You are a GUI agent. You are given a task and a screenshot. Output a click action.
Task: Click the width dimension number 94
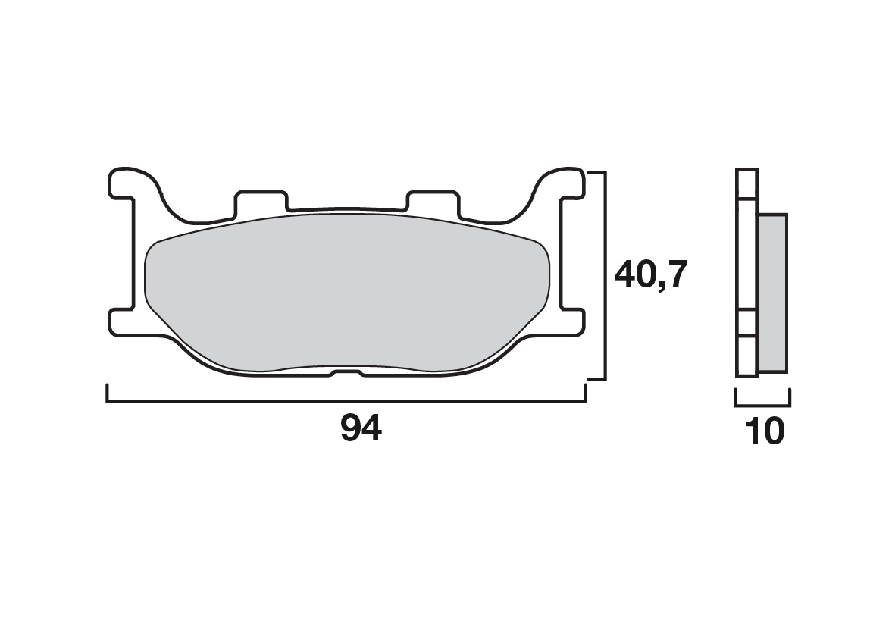click(x=361, y=429)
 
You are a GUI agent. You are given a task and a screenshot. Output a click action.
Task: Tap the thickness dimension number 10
click(x=765, y=431)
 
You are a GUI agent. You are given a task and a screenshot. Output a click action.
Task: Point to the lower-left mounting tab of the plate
click(x=121, y=321)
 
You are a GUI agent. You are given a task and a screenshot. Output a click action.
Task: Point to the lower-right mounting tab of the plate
click(x=572, y=321)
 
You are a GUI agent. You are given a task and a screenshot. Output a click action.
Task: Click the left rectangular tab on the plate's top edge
click(x=261, y=201)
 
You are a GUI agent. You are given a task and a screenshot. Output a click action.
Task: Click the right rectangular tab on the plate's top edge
click(x=432, y=201)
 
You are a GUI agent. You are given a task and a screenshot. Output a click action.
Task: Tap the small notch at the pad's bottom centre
click(x=346, y=374)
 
